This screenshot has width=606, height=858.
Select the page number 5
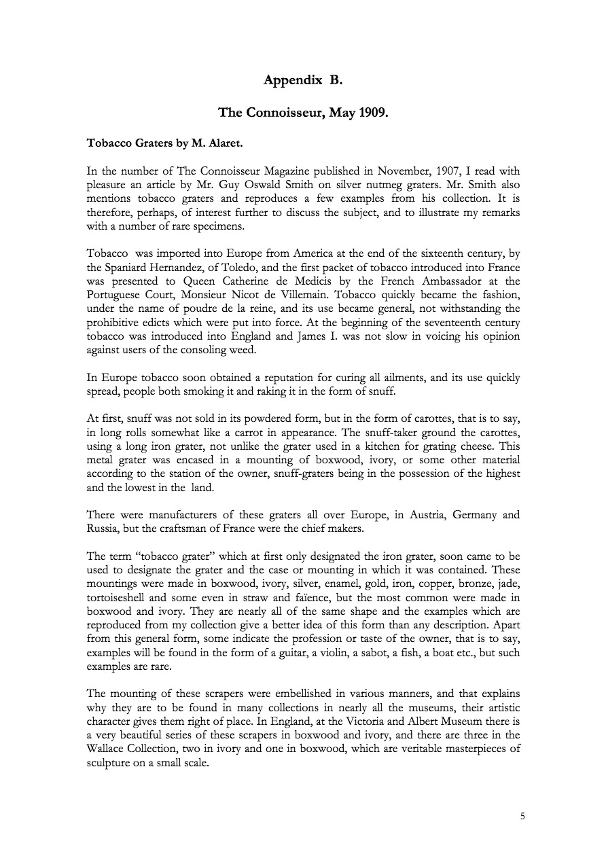[522, 817]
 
